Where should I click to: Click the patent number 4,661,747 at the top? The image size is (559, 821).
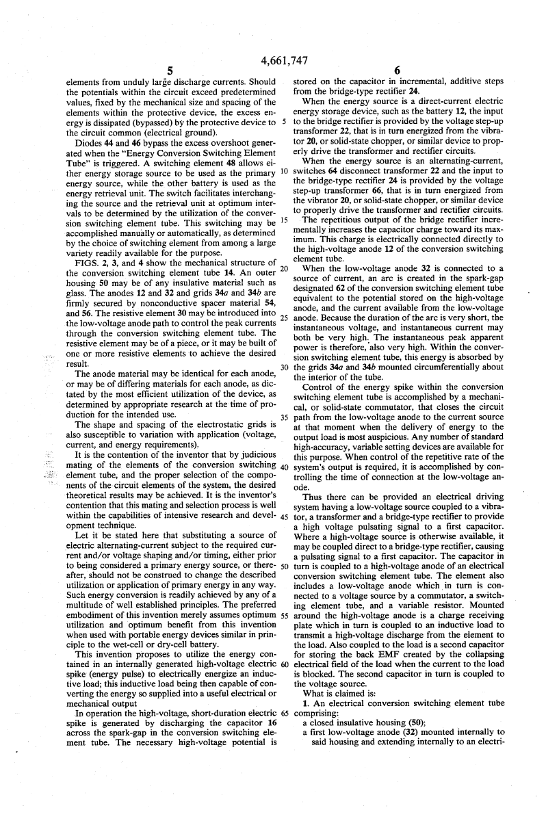click(x=279, y=60)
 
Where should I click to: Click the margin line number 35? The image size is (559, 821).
click(x=284, y=418)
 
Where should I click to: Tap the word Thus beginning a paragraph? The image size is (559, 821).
click(x=313, y=498)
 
